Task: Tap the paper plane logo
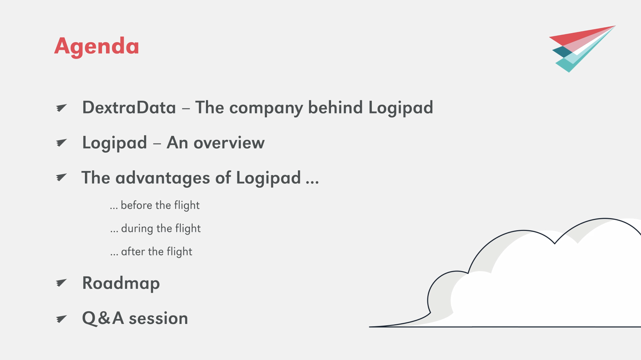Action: coord(582,49)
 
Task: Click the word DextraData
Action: coord(129,107)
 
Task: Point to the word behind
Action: coord(335,107)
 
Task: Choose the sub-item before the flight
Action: coord(155,205)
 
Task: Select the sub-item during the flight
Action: coord(155,229)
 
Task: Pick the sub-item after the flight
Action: coord(151,252)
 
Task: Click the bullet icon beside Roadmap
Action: coord(61,283)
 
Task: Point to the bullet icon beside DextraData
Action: coord(61,108)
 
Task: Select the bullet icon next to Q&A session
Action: coord(61,318)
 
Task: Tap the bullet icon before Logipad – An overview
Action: coord(61,143)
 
